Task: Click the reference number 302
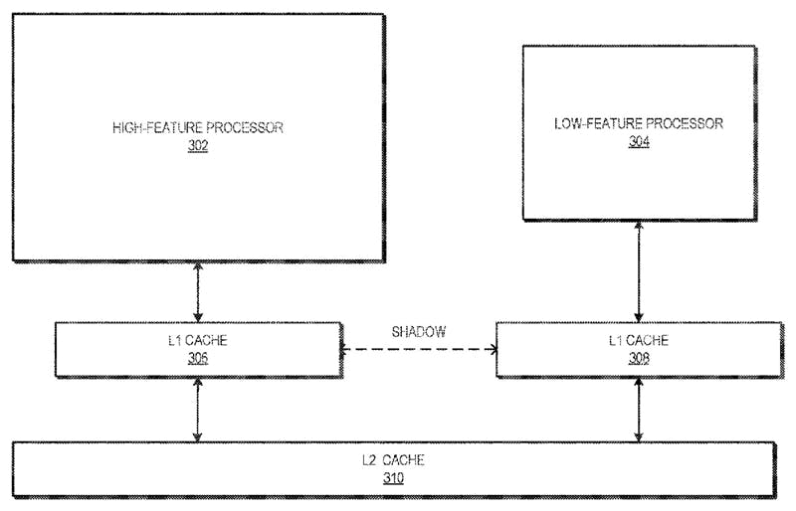198,145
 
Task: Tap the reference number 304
639,142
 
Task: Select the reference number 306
198,358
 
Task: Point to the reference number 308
639,358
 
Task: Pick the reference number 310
393,478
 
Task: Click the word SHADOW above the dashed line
419,332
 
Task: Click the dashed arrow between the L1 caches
419,349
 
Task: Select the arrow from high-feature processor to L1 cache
198,291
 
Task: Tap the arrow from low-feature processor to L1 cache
639,271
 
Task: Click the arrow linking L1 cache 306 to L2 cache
198,410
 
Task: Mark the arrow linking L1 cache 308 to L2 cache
639,410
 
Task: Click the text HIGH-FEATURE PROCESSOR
198,127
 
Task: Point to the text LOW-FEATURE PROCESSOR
639,124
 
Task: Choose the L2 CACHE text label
393,460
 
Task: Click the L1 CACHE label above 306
198,340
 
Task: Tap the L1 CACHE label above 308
639,340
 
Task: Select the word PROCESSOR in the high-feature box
244,127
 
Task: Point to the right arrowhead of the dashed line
494,349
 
